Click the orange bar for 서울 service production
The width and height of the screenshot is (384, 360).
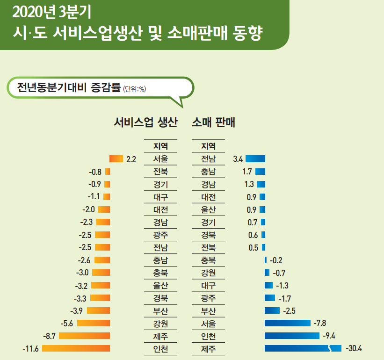point(116,159)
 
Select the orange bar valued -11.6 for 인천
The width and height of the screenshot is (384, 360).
point(76,348)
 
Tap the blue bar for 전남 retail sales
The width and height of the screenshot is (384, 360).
point(255,159)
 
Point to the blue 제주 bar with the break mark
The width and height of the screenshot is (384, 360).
point(303,348)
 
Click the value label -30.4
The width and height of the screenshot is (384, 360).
point(354,348)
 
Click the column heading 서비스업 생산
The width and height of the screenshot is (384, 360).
point(146,123)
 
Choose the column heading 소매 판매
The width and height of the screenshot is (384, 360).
point(213,123)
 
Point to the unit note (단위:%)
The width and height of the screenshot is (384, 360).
point(135,90)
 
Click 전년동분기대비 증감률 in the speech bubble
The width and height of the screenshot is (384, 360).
point(69,88)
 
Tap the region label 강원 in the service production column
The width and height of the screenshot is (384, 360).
point(161,323)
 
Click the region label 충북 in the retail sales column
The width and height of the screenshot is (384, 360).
point(208,260)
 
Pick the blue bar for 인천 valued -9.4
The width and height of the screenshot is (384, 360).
point(292,336)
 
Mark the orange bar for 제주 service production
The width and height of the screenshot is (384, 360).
point(84,336)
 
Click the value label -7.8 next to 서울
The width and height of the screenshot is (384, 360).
point(320,323)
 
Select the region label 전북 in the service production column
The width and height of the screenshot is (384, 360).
point(161,172)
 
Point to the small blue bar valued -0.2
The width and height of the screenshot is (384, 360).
point(266,260)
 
